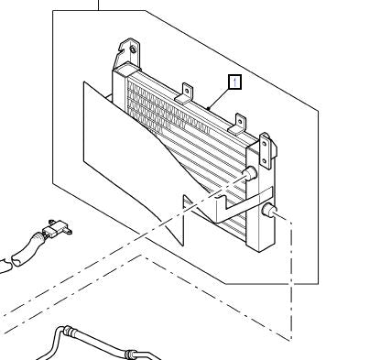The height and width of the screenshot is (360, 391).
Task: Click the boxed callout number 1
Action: point(235,82)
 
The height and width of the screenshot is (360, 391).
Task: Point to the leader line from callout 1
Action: point(222,97)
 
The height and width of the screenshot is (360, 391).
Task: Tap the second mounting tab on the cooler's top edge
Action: point(187,91)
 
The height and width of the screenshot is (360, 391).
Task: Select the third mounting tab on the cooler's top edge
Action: point(243,120)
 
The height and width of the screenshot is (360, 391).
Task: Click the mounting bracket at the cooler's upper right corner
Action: point(266,147)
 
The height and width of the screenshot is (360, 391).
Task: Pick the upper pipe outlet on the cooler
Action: point(248,175)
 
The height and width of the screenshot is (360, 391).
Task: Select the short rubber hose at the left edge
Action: point(18,253)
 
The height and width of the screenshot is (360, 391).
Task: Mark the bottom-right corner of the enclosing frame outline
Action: point(318,283)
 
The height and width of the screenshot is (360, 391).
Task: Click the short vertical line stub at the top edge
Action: point(97,5)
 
